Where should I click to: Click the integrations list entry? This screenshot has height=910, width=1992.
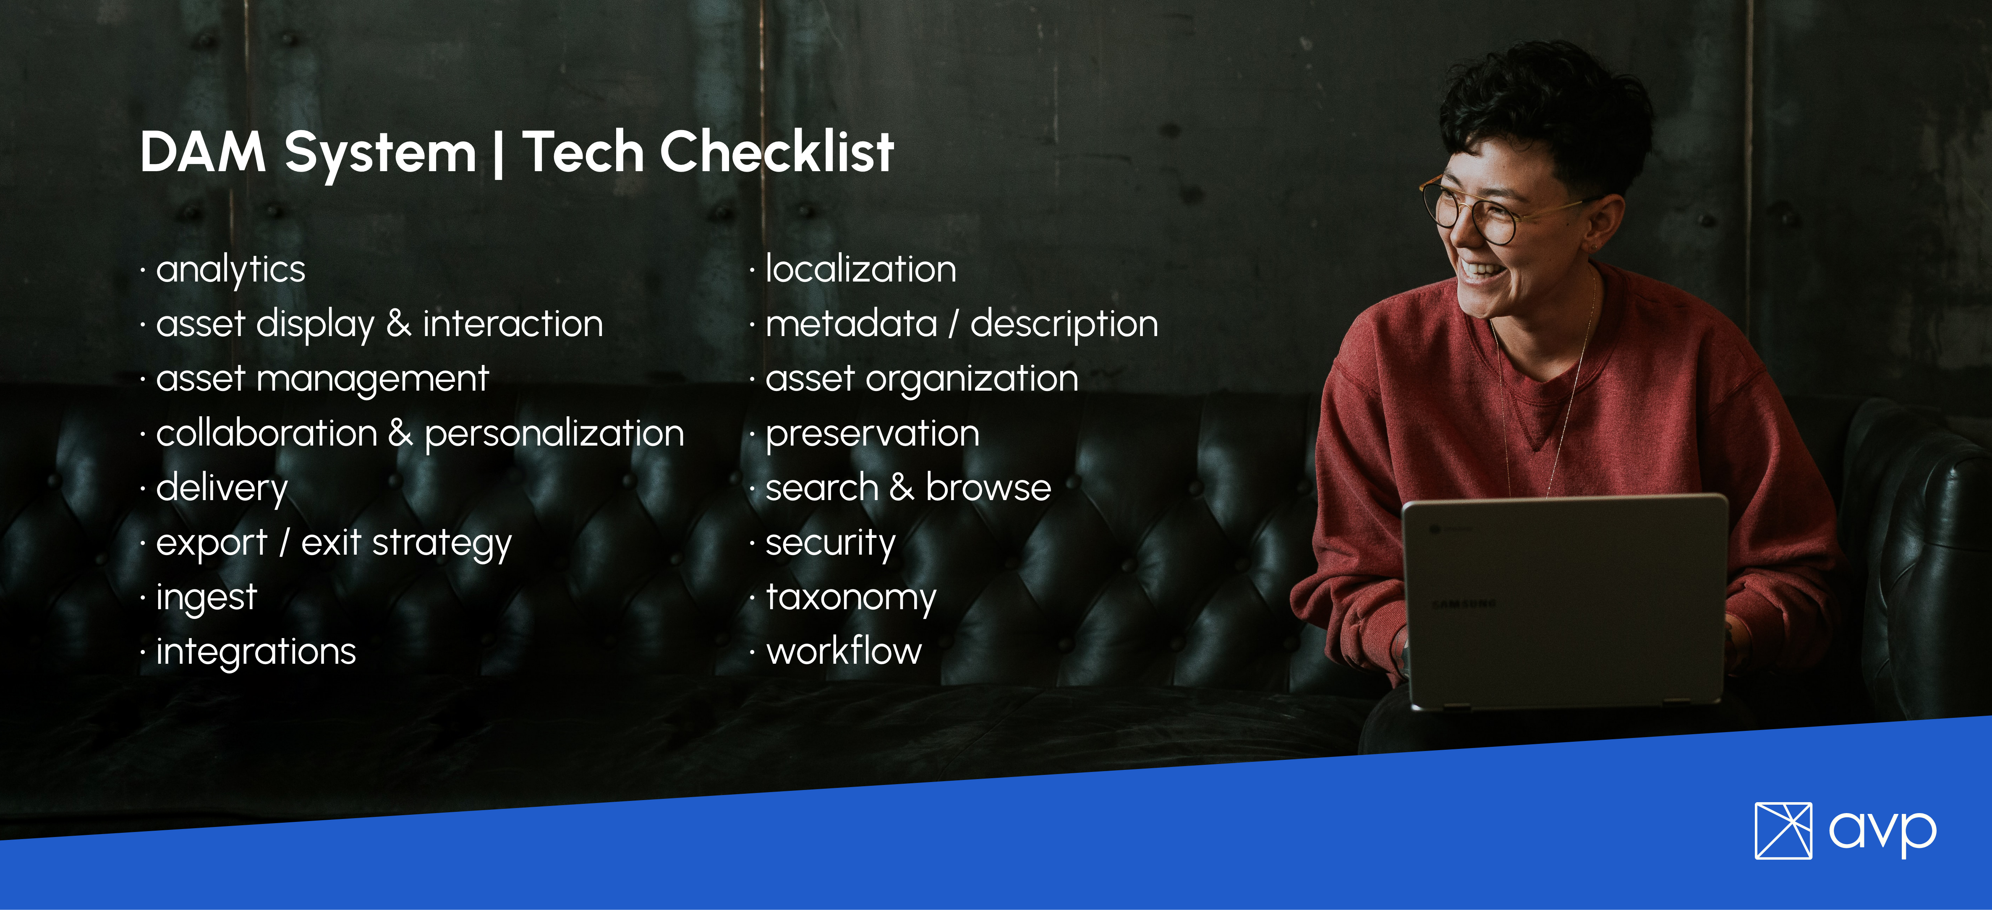click(256, 652)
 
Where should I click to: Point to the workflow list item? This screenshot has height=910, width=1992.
click(844, 651)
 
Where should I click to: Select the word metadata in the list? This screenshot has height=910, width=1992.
click(851, 324)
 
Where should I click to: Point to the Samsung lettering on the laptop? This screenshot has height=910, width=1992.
click(1464, 603)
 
